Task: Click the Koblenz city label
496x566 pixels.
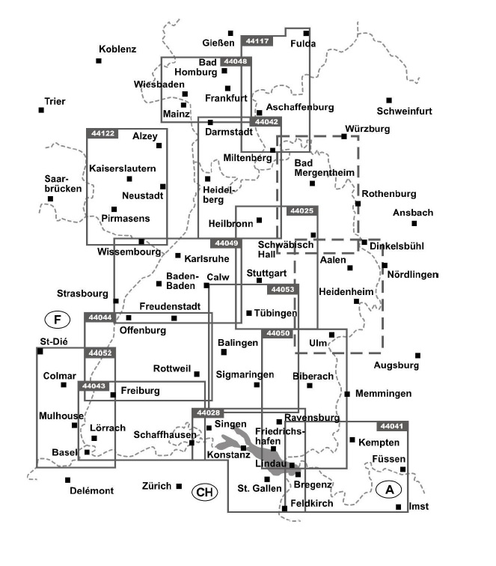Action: click(117, 49)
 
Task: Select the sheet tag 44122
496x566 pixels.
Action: click(102, 133)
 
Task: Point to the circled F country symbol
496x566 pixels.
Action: click(56, 320)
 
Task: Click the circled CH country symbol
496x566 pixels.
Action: click(203, 492)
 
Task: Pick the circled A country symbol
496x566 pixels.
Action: click(388, 490)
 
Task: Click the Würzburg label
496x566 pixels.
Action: click(368, 129)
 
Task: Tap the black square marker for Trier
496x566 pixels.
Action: click(42, 110)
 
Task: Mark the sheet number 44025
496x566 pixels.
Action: click(301, 212)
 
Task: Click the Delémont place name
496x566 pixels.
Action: click(91, 490)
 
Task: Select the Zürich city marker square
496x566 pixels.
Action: click(179, 486)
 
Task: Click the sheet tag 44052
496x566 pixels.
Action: click(100, 353)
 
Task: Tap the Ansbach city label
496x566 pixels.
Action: click(413, 213)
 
